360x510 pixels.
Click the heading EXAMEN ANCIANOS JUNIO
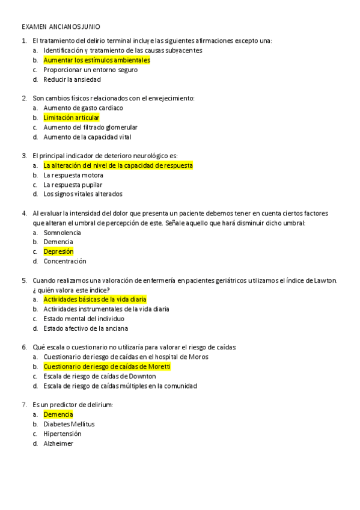(x=61, y=27)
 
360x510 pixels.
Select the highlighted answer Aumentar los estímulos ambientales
(x=97, y=60)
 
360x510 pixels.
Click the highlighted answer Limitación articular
(x=72, y=118)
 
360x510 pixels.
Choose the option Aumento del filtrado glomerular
(x=90, y=127)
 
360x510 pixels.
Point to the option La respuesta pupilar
(x=73, y=185)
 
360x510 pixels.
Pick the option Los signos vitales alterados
(x=83, y=194)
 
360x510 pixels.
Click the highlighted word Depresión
(x=58, y=251)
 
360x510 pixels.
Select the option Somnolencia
(x=62, y=232)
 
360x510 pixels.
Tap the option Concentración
(x=65, y=261)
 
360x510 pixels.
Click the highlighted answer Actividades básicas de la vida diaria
(x=95, y=300)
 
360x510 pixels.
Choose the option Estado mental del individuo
(x=84, y=319)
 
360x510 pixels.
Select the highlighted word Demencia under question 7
(x=58, y=414)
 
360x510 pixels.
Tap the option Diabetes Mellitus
(x=69, y=424)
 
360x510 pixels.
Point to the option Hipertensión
(x=63, y=434)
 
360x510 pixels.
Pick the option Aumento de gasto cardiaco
(x=83, y=108)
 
